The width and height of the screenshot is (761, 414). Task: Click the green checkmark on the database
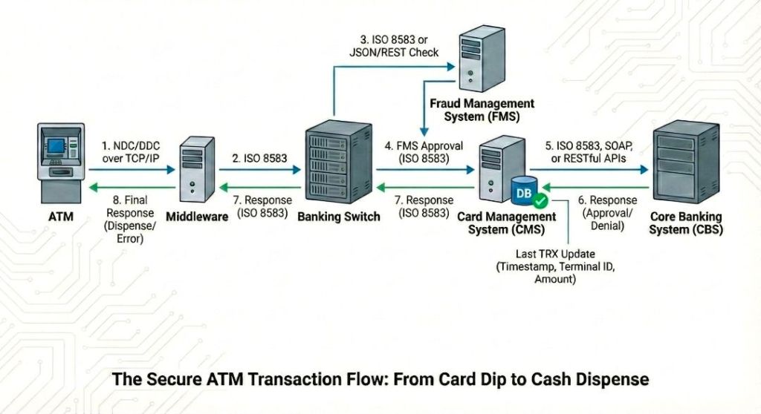click(540, 201)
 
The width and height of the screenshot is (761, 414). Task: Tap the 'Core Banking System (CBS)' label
click(686, 223)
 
